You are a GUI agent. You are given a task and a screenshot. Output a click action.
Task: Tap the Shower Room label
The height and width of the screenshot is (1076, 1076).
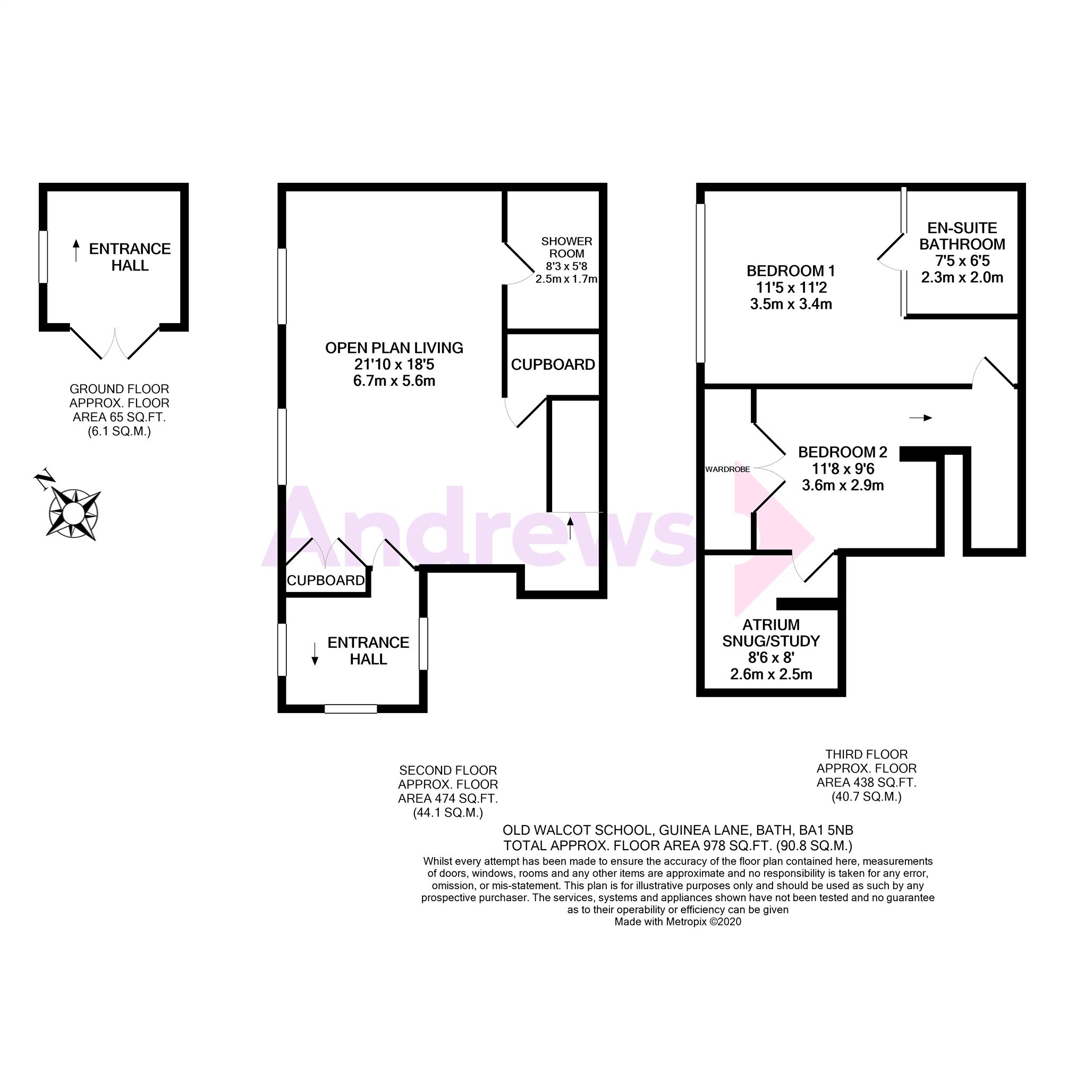point(566,247)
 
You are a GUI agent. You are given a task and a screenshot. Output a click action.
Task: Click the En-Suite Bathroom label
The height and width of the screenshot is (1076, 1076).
point(962,236)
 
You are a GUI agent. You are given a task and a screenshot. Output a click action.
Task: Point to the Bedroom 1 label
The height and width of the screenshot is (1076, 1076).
point(790,271)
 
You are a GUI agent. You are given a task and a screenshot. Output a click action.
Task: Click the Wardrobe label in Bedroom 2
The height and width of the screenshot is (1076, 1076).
point(727,470)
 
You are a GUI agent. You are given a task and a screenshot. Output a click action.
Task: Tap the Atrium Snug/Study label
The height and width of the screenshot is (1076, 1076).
point(771,633)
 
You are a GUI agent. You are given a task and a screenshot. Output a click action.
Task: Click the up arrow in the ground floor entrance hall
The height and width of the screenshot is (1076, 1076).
point(77,251)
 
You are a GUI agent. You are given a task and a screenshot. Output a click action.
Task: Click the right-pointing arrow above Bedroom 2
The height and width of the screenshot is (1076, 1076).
point(920,418)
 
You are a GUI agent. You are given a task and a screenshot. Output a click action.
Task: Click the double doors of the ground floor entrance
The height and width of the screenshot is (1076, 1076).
point(115,344)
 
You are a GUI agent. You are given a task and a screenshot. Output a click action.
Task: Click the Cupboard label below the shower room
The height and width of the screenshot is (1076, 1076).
point(553,365)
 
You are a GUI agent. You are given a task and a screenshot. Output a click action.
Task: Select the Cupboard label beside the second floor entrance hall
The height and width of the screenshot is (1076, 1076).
point(325,580)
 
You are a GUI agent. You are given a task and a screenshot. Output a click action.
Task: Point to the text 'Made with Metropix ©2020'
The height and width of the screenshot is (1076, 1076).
point(677,922)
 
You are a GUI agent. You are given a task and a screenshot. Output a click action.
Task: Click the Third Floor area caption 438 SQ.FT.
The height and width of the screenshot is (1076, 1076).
point(866,783)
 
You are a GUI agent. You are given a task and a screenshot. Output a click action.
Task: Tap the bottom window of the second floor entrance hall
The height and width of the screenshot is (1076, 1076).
point(351,709)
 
